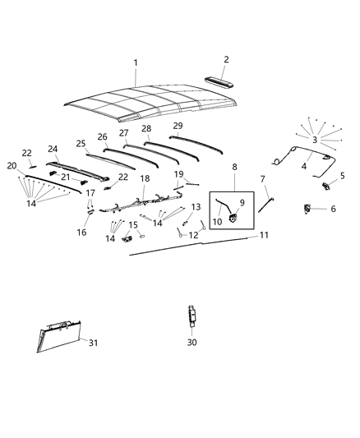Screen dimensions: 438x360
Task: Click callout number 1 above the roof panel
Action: click(x=136, y=62)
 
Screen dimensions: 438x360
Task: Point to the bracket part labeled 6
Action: click(x=310, y=209)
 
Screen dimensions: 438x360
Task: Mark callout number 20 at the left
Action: click(x=12, y=166)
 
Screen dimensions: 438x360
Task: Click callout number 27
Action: click(x=124, y=132)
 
